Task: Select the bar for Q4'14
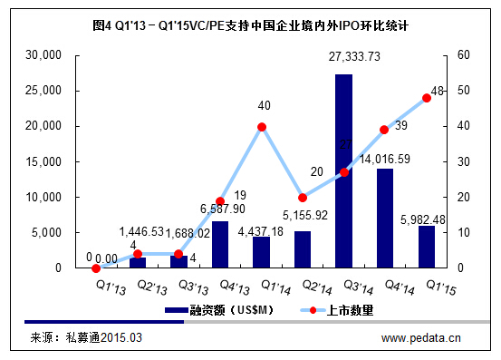tap(384, 218)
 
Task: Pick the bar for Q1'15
tap(426, 247)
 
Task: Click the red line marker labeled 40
tap(262, 127)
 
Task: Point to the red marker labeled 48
tap(426, 98)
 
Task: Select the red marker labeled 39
tap(384, 130)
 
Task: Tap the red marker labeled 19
tap(220, 201)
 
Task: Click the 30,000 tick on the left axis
tap(42, 55)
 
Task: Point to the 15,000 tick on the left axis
tap(42, 161)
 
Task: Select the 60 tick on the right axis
tap(462, 55)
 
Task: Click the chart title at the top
tap(251, 26)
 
